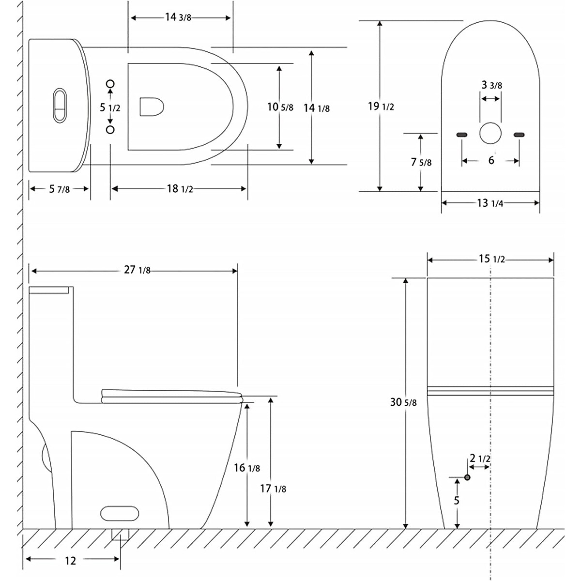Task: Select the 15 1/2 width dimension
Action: [x=492, y=260]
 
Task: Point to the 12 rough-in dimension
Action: [x=70, y=561]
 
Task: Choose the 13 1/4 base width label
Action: [x=490, y=203]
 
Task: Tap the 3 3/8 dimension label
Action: [x=491, y=85]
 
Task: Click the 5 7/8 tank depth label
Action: [x=60, y=189]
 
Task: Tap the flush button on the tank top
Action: [x=60, y=105]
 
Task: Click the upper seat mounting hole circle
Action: [x=110, y=84]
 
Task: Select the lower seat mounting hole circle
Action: [x=110, y=129]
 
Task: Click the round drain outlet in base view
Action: [x=490, y=133]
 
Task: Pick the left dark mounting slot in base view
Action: [x=461, y=134]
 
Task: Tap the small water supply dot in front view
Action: [x=467, y=477]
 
